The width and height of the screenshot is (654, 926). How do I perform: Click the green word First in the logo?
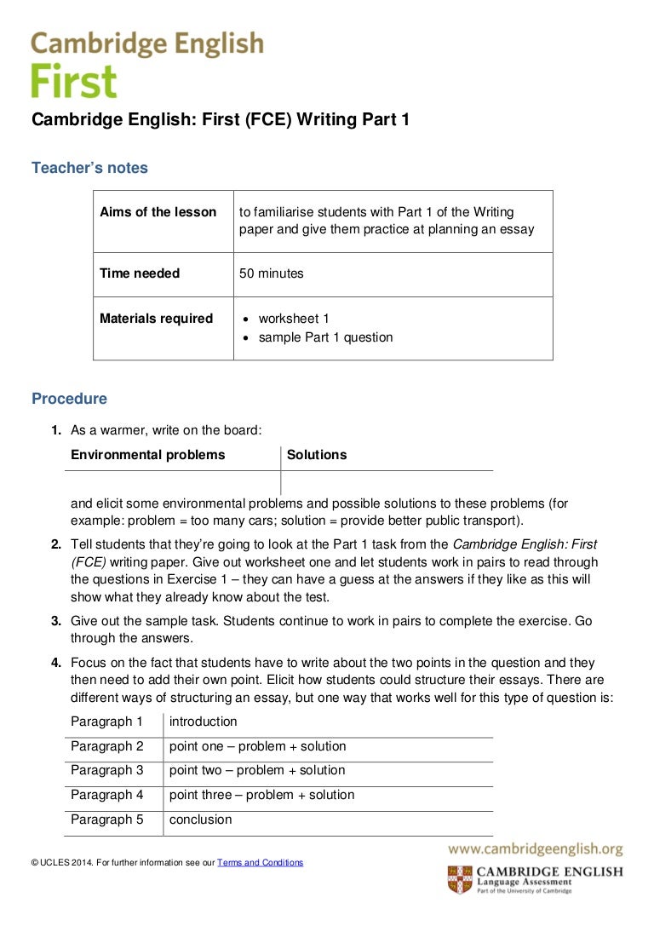(x=74, y=82)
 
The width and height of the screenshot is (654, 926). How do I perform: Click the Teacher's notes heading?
(x=89, y=168)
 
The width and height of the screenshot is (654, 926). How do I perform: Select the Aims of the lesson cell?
(x=158, y=212)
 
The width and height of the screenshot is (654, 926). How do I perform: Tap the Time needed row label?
(x=140, y=273)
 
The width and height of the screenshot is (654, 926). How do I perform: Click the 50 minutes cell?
(x=272, y=273)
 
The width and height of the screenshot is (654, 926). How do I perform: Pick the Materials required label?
(x=156, y=319)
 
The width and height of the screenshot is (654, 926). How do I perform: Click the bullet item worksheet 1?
(x=294, y=319)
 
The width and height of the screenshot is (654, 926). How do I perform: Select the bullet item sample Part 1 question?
(x=326, y=337)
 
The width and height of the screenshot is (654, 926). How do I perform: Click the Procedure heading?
(x=69, y=399)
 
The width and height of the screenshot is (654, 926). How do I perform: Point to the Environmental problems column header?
(x=148, y=455)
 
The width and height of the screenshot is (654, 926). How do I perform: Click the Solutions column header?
(x=317, y=455)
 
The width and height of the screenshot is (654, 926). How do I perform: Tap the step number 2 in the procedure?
(x=55, y=544)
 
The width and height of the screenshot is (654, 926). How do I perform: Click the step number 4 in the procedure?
(x=55, y=663)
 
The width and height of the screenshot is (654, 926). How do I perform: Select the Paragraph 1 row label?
(x=107, y=722)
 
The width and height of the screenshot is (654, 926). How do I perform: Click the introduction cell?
(x=204, y=722)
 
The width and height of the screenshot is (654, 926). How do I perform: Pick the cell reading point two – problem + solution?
(x=257, y=770)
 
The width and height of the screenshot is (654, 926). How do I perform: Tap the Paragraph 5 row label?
(x=107, y=820)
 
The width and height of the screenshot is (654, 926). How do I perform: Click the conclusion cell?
(x=201, y=820)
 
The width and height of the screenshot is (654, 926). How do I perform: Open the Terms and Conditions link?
(x=260, y=863)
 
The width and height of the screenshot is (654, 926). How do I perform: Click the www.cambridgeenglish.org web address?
(x=536, y=849)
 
